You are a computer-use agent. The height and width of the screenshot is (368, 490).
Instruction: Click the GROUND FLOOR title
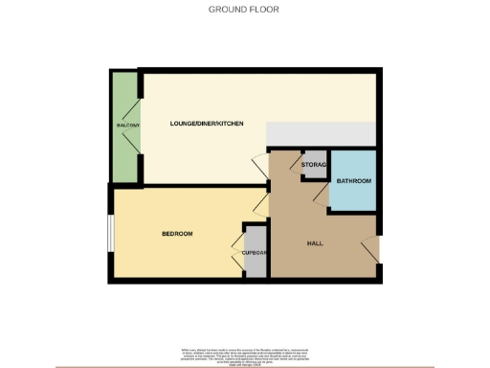pyautogui.click(x=244, y=11)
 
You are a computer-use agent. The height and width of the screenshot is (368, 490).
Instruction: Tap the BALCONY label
pyautogui.click(x=128, y=126)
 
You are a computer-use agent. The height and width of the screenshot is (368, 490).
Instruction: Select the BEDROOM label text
pyautogui.click(x=177, y=234)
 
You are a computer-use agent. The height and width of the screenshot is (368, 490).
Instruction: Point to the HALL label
pyautogui.click(x=314, y=243)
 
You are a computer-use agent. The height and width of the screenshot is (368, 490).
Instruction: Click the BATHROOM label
pyautogui.click(x=353, y=180)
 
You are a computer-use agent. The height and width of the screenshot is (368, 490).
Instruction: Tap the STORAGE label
pyautogui.click(x=315, y=165)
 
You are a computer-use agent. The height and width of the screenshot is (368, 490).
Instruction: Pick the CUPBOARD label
pyautogui.click(x=254, y=253)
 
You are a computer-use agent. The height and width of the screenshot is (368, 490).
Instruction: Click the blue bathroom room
pyautogui.click(x=353, y=192)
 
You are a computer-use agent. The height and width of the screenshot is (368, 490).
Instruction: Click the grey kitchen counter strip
pyautogui.click(x=321, y=134)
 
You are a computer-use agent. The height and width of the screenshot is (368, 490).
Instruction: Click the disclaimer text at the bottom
pyautogui.click(x=244, y=355)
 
